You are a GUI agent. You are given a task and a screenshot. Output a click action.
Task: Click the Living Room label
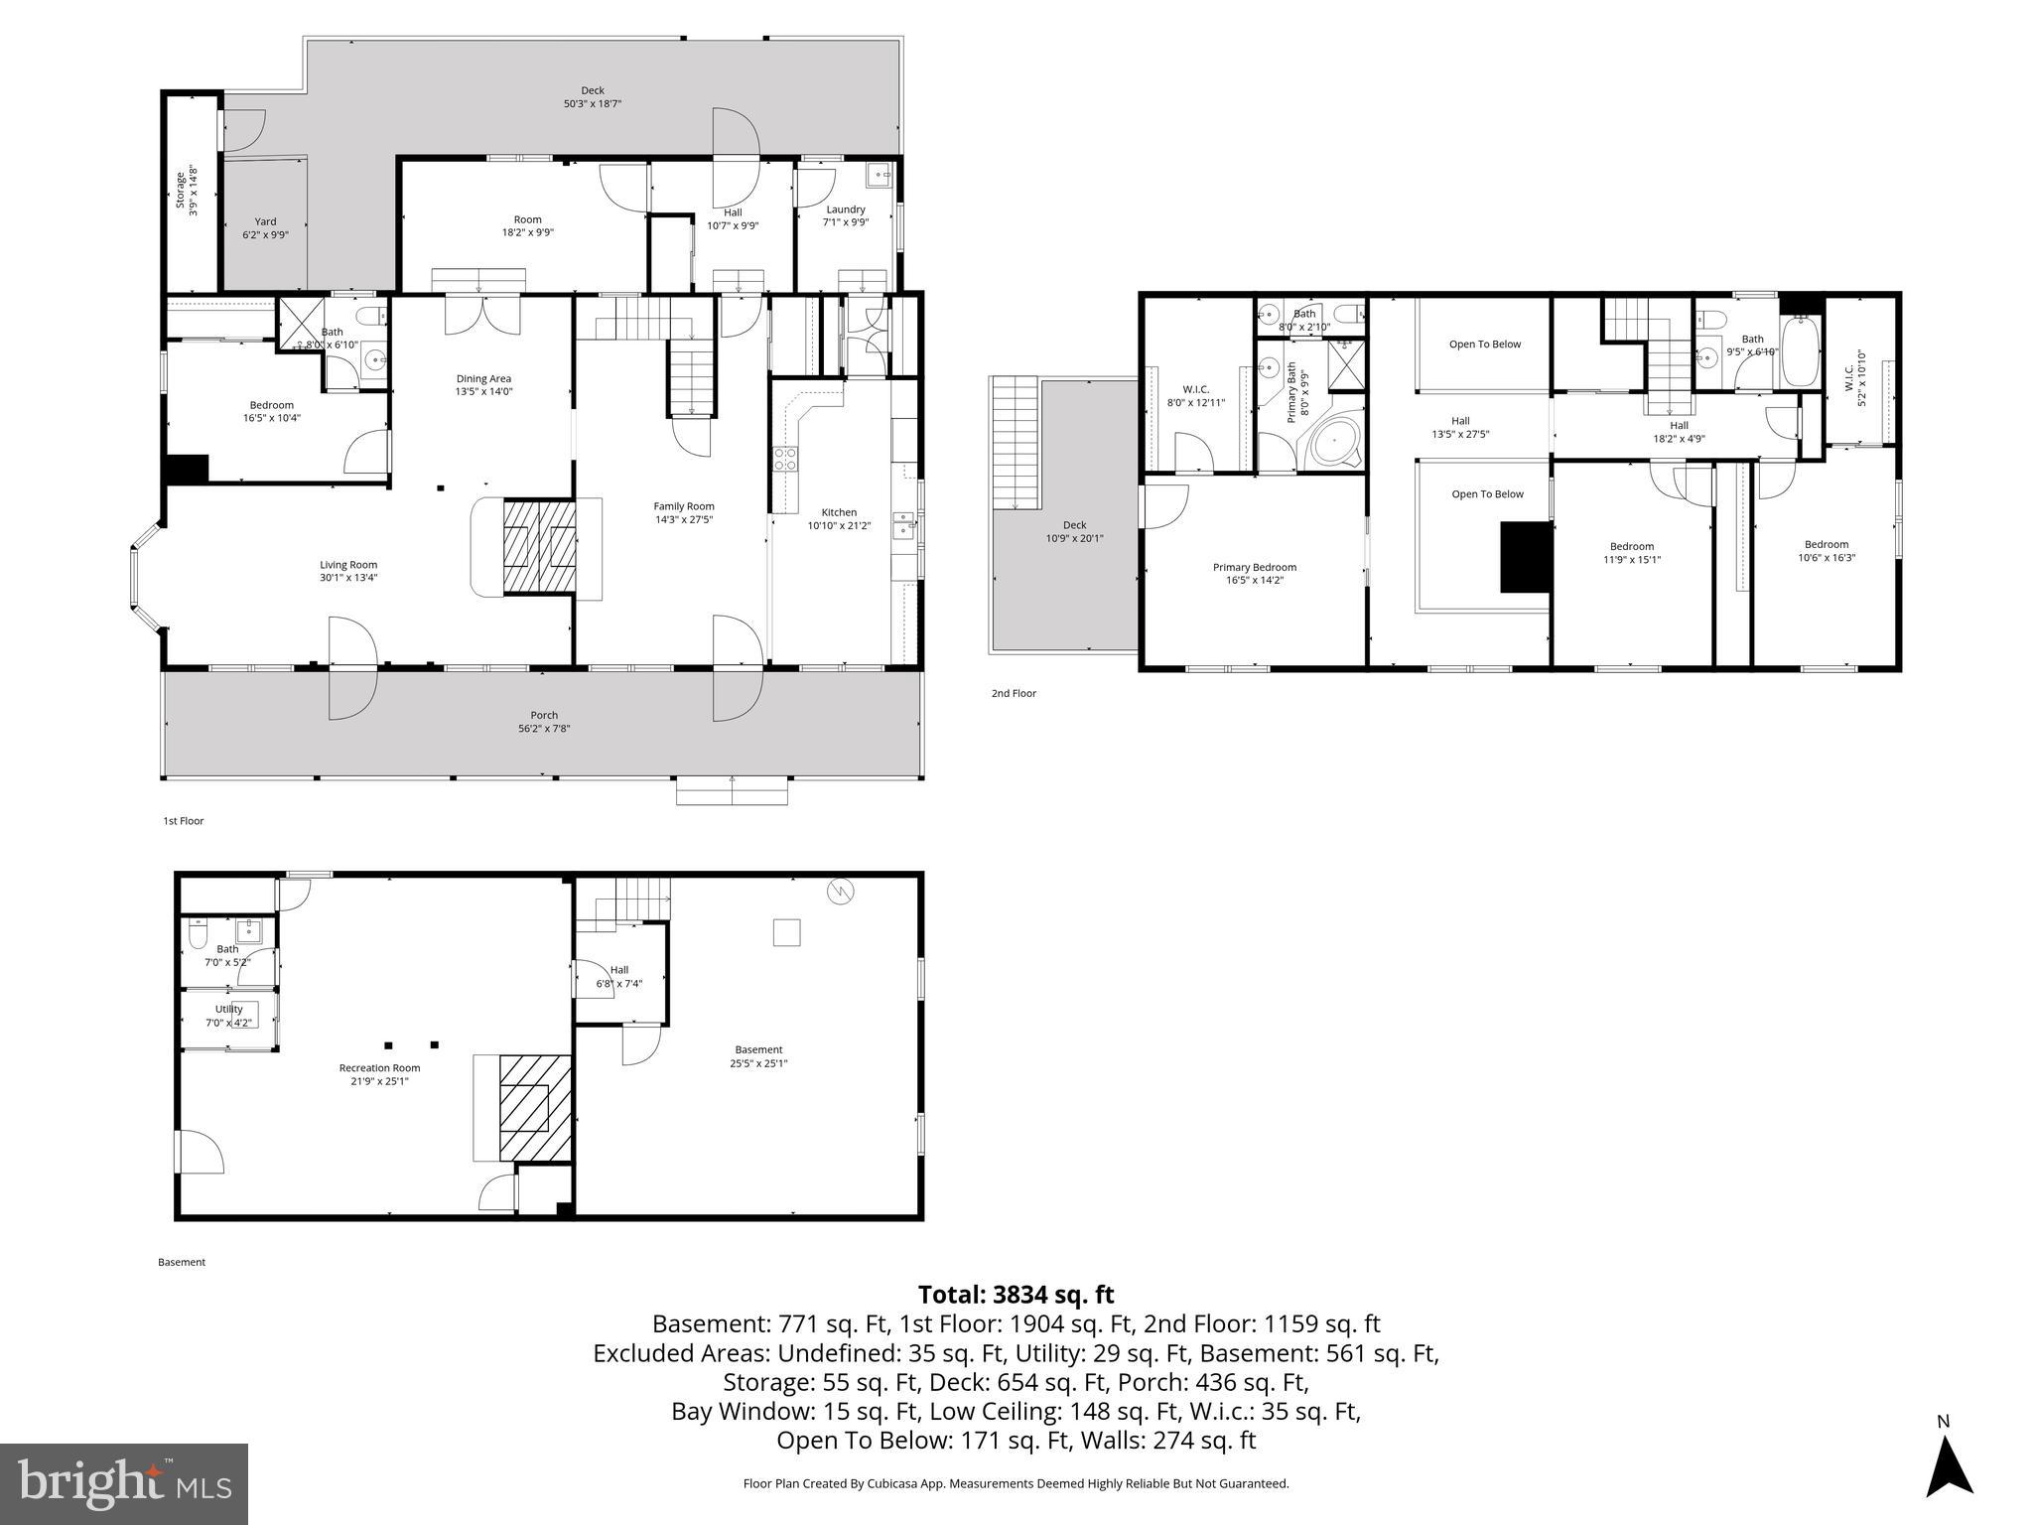348,565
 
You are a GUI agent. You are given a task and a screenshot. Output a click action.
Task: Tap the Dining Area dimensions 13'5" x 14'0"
483,392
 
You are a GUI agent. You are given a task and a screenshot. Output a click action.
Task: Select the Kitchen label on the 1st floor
839,512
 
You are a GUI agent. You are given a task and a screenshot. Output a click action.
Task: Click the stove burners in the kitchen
785,459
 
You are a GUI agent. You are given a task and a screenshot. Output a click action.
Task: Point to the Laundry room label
846,209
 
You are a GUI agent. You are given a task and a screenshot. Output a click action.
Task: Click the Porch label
544,715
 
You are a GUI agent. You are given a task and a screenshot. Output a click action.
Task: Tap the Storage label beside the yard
181,191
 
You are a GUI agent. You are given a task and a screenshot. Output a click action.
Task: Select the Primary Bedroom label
1254,567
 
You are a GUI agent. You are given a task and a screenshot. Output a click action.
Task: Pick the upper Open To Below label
1485,345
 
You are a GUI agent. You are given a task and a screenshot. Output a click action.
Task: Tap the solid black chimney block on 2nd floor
1525,558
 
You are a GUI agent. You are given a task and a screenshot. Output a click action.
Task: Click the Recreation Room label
379,1068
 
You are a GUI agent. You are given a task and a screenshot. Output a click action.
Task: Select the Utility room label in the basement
228,1009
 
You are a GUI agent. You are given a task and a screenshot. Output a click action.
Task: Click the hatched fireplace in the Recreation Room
535,1108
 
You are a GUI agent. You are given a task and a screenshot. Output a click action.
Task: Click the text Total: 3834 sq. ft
1016,1295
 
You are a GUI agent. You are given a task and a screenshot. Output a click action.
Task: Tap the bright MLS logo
123,1483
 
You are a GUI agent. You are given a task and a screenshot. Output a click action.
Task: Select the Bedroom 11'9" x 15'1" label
1631,546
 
